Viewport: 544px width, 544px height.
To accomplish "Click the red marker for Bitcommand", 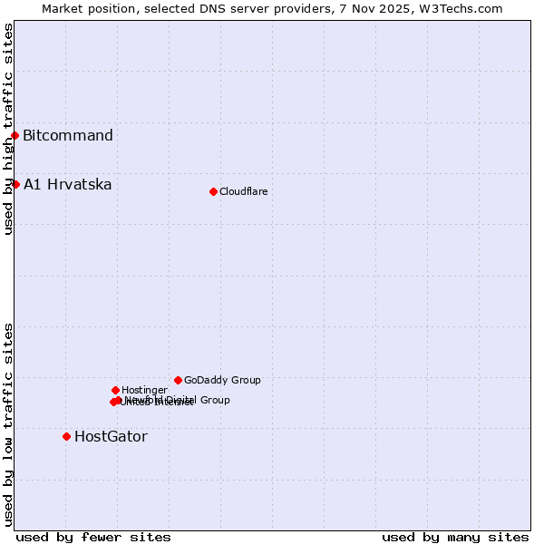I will (15, 136).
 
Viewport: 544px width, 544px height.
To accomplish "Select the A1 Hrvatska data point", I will (15, 185).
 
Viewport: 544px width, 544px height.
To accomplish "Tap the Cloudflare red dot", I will (213, 191).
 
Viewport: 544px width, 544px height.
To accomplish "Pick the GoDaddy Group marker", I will (178, 380).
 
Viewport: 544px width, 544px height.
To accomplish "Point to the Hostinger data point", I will (115, 390).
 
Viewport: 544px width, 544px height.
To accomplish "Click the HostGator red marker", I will (66, 436).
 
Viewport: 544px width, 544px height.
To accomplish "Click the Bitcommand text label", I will (68, 136).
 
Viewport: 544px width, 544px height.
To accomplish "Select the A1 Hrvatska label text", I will (68, 185).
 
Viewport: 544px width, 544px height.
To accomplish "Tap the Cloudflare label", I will (243, 191).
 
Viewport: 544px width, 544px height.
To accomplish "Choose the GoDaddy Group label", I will (222, 380).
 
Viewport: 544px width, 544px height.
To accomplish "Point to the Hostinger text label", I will (144, 390).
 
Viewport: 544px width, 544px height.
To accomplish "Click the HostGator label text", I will (111, 436).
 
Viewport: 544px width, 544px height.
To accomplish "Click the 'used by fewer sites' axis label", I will (93, 537).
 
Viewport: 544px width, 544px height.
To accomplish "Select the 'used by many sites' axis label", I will (455, 537).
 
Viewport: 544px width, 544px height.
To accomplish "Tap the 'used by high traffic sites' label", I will (8, 129).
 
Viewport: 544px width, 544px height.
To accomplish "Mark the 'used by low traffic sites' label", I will (8, 424).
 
